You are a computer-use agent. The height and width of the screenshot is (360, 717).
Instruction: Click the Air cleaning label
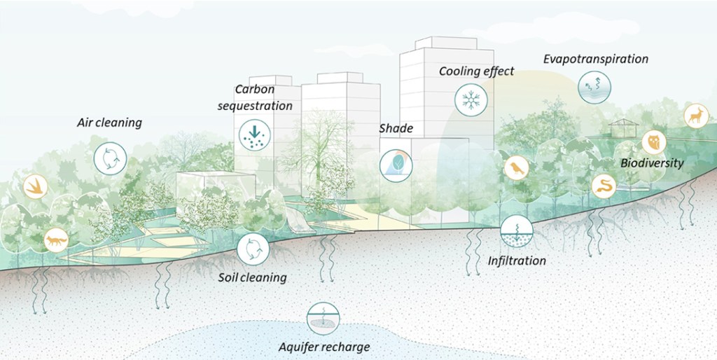tap(109, 123)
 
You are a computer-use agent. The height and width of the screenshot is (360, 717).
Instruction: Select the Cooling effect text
tap(476, 71)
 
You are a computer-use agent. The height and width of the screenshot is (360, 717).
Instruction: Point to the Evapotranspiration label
tap(595, 59)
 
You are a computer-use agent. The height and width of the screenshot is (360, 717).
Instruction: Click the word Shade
tap(396, 129)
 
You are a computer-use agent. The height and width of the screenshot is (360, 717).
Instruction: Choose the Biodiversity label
tap(652, 163)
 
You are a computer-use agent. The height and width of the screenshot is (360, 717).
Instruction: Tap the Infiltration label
tap(517, 261)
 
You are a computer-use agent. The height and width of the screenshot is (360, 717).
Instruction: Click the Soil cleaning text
tap(252, 277)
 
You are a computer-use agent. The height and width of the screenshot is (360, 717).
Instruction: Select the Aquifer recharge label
tap(323, 347)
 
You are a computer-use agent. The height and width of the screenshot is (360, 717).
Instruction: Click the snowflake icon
tap(471, 99)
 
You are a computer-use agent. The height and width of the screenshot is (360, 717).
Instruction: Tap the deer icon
tap(696, 115)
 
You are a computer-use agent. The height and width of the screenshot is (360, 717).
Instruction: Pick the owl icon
tap(654, 142)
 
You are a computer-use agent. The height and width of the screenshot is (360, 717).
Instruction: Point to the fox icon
tap(56, 241)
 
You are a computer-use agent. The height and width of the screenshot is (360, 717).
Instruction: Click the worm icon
tap(604, 186)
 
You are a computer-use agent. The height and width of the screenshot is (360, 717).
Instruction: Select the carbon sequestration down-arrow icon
tap(254, 134)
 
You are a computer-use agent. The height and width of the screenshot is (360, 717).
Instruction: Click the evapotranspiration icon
tap(594, 88)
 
